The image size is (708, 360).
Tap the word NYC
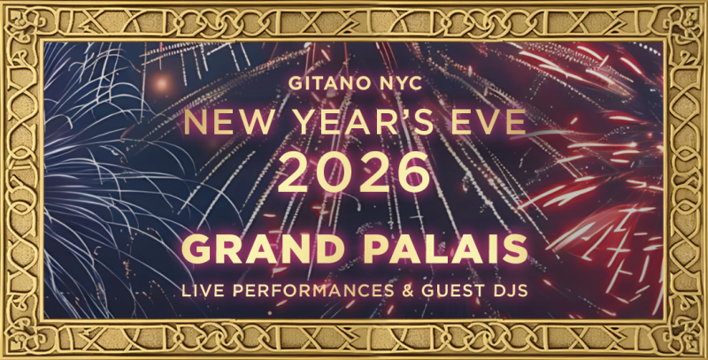(x=402, y=83)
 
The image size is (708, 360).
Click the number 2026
(x=354, y=172)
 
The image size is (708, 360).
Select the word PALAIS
(x=446, y=249)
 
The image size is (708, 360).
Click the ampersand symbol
(x=408, y=291)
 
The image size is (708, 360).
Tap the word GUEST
(x=453, y=291)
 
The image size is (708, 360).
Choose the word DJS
(x=511, y=291)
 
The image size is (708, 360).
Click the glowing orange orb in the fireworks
(x=160, y=82)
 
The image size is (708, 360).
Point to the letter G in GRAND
(x=196, y=249)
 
